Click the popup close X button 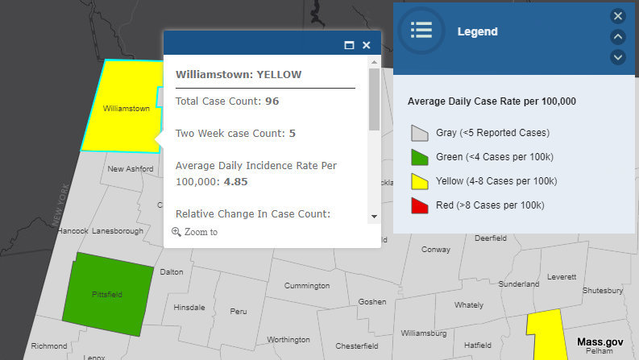(x=367, y=46)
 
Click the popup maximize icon (x=349, y=46)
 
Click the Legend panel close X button (x=618, y=16)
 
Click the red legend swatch (x=419, y=205)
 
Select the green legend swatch (x=419, y=156)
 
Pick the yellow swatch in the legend (x=419, y=180)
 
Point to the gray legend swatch (x=419, y=132)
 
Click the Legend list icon (x=421, y=31)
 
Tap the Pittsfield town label (x=106, y=295)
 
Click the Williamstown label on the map (x=127, y=108)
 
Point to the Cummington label (x=307, y=286)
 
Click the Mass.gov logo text (x=600, y=342)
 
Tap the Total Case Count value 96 (x=272, y=101)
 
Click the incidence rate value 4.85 (x=235, y=182)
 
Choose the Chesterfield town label (x=357, y=346)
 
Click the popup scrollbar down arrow (x=374, y=217)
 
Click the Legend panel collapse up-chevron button (x=618, y=36)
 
